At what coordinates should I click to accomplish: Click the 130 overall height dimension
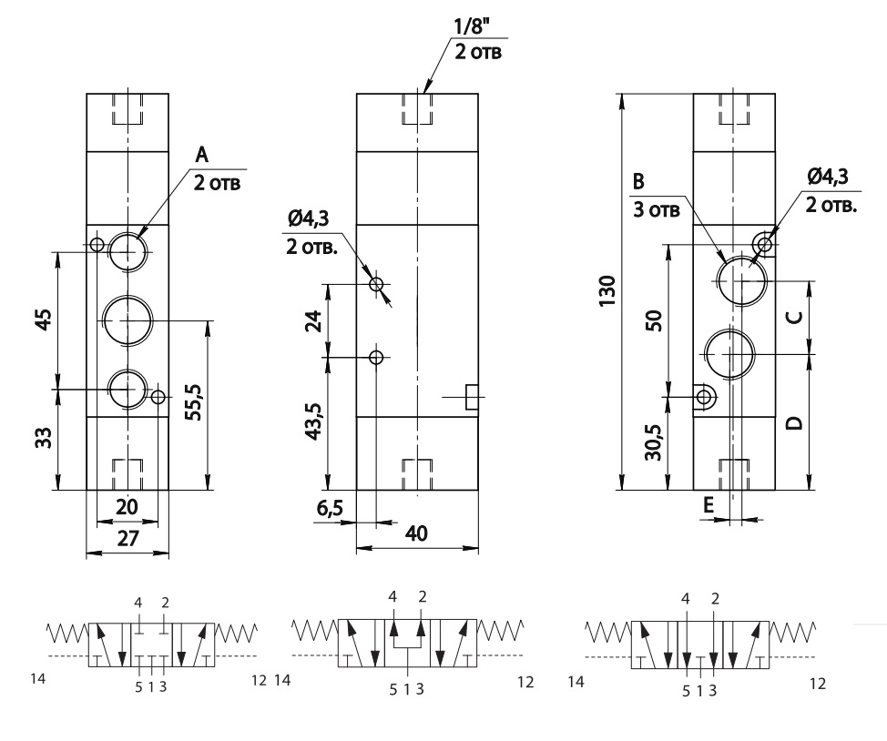pos(607,291)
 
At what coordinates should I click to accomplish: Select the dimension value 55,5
pos(194,402)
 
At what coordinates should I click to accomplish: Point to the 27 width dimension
pos(127,538)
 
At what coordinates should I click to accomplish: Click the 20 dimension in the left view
pos(127,506)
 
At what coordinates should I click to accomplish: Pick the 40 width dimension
pos(417,533)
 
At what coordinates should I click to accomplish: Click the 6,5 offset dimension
pos(330,508)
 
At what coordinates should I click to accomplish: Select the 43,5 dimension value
pos(313,421)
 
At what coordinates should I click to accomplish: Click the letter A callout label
pos(202,155)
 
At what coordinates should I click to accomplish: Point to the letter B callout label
pos(638,181)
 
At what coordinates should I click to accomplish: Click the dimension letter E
pos(709,505)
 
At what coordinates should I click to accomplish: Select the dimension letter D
pos(795,422)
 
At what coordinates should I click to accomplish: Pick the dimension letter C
pos(795,317)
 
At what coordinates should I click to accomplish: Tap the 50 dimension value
pos(654,320)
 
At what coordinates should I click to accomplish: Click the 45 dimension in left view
pos(46,319)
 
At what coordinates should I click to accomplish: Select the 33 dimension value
pos(46,437)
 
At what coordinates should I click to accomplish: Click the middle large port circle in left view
pos(128,320)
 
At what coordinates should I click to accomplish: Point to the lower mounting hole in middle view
pos(376,357)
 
